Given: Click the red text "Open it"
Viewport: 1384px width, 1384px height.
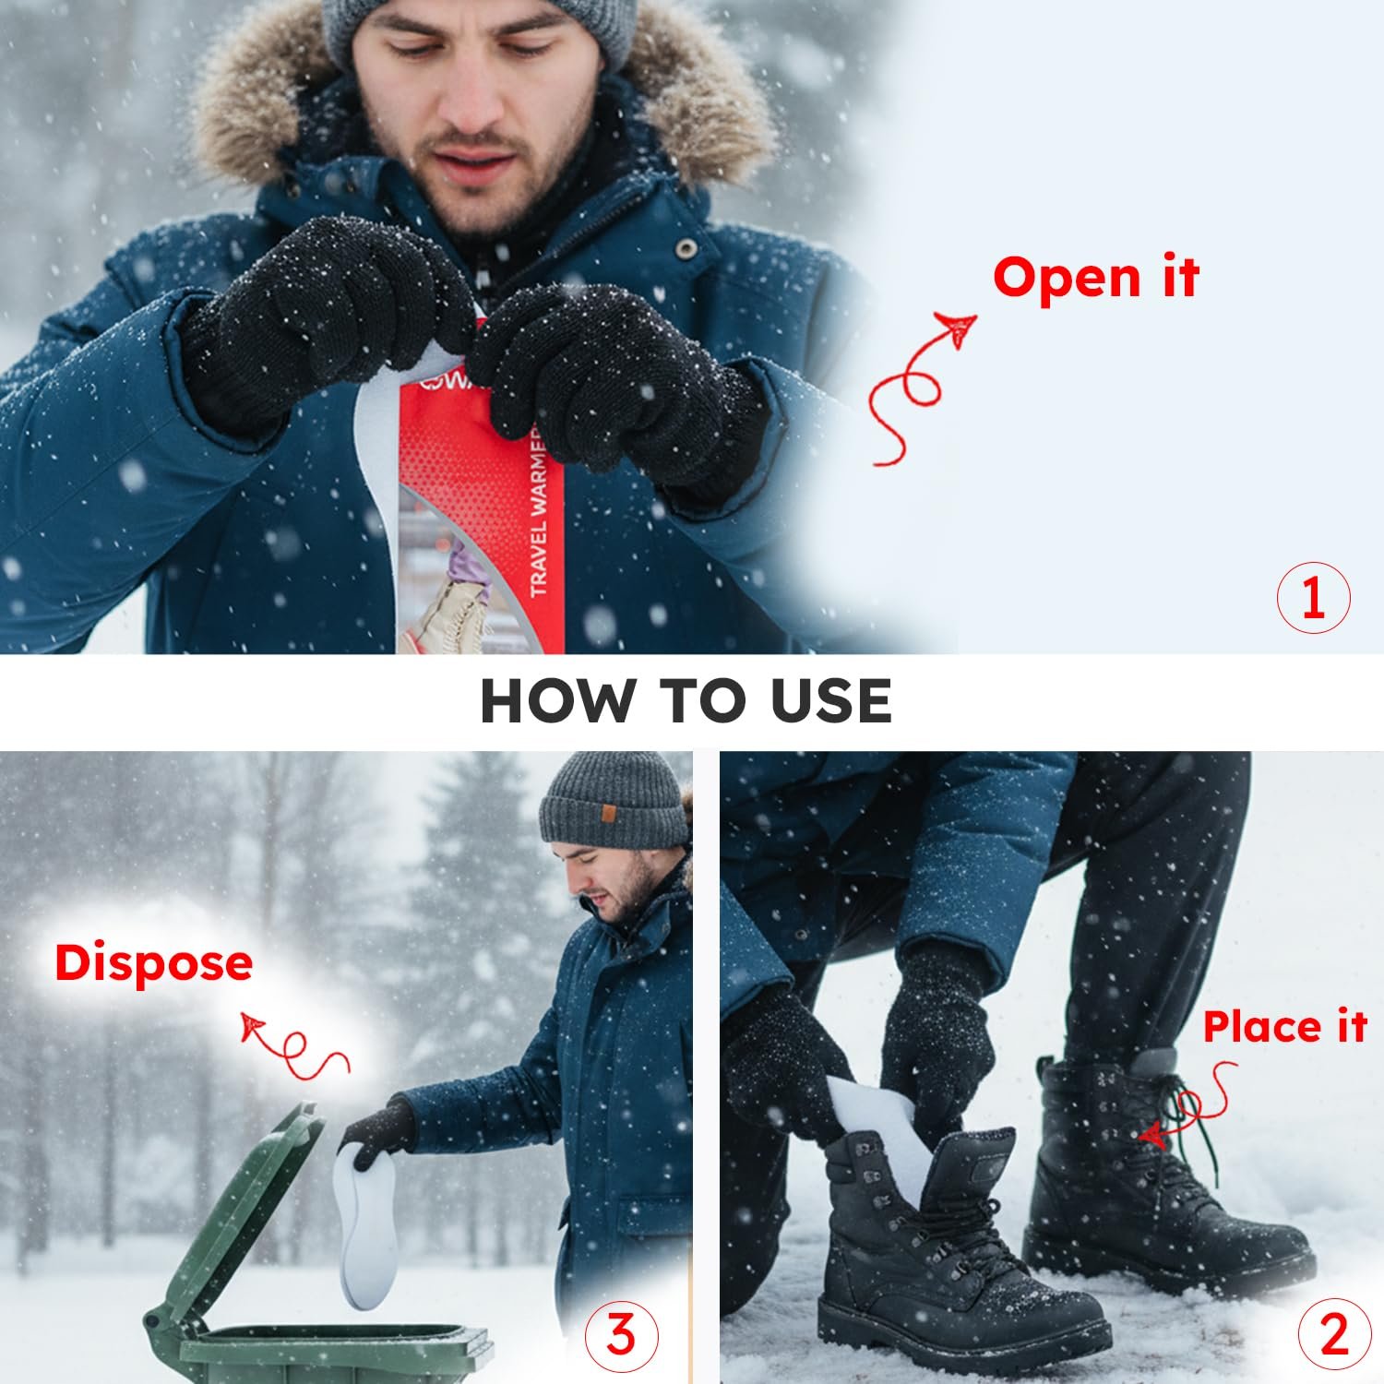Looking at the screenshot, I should [1095, 278].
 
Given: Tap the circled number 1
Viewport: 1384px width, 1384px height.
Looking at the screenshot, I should [1313, 597].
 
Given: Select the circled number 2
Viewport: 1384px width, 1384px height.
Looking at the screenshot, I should [1334, 1334].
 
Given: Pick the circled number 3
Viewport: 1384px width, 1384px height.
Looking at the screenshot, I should [622, 1334].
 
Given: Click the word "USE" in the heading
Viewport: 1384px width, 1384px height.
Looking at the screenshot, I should [831, 700].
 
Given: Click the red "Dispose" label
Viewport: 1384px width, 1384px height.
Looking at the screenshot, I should [153, 963].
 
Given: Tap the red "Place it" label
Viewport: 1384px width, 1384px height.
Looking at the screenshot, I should [1283, 1027].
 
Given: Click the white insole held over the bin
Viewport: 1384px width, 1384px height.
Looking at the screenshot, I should [364, 1227].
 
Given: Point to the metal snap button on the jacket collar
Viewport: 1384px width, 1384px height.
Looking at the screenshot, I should [686, 247].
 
